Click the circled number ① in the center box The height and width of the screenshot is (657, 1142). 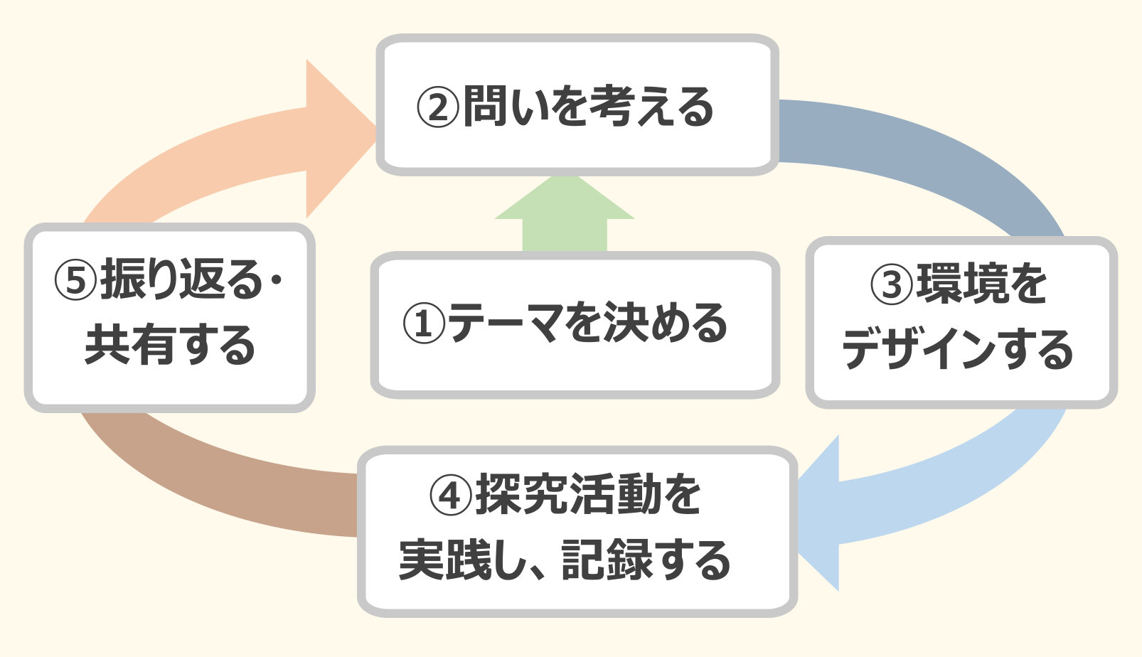point(424,324)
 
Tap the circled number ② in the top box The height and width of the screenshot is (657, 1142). point(437,107)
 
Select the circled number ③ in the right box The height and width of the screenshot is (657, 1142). point(891,284)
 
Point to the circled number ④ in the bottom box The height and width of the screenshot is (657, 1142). point(451,496)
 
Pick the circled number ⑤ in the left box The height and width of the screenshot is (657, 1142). point(75,280)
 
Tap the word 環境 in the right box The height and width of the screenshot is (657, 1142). point(961,284)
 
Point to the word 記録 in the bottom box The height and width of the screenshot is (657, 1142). point(607,560)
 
